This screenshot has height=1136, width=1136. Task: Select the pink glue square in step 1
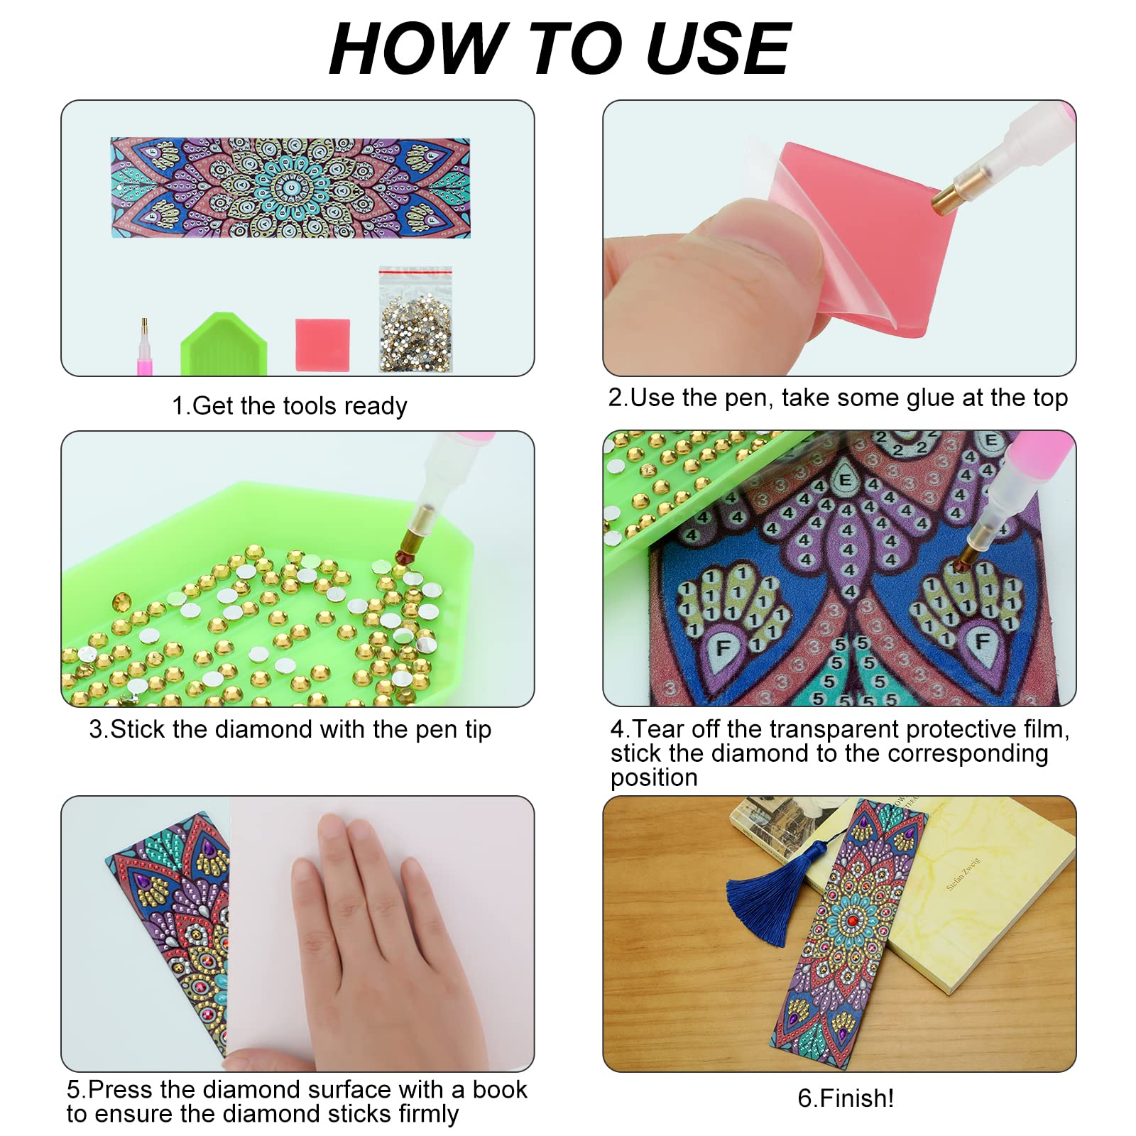(x=322, y=344)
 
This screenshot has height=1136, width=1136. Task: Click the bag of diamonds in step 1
(x=415, y=323)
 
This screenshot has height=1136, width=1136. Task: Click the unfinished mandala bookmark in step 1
(x=290, y=187)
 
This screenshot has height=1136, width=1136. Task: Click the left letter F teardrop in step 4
(x=723, y=648)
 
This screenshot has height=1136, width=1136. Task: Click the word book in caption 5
(x=499, y=1089)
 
